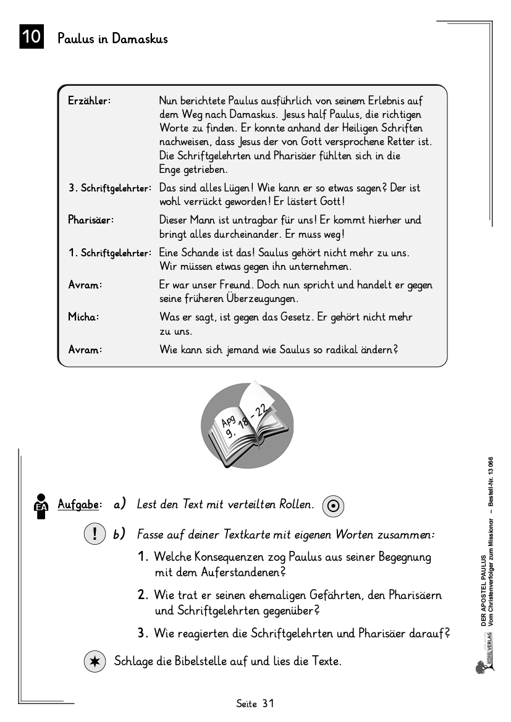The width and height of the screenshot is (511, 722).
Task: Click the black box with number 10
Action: coord(31,37)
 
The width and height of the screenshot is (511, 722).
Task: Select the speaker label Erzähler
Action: coord(89,101)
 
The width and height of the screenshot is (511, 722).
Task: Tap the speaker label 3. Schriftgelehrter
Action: coord(110,188)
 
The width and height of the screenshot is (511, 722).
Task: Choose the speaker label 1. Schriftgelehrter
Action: coord(110,253)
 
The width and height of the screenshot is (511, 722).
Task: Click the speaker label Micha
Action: coord(83,317)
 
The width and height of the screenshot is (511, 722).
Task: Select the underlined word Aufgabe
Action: coord(78,505)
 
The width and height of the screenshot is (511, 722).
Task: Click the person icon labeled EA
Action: coord(41,506)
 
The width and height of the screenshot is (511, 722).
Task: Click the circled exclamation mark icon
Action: coord(94,534)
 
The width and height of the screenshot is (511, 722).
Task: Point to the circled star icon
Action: coord(94,661)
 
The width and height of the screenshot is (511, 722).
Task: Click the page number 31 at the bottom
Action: coord(268,703)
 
